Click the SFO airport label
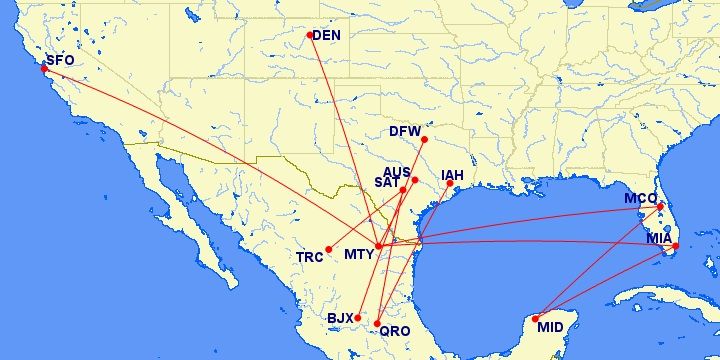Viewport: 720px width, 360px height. [x=60, y=60]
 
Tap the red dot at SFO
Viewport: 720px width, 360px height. [x=44, y=69]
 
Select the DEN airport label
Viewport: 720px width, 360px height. [x=327, y=36]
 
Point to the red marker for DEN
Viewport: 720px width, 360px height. [x=310, y=35]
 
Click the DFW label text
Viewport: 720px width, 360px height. [x=405, y=131]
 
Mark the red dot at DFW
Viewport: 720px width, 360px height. [x=424, y=139]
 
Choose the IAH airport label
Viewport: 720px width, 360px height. [x=453, y=172]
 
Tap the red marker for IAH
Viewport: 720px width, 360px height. [x=449, y=183]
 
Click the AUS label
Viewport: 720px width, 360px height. [x=397, y=173]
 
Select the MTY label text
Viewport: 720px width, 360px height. [x=359, y=254]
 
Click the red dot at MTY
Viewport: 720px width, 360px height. [x=379, y=246]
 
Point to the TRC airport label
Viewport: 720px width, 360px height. [x=310, y=257]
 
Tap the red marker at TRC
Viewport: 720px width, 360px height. [x=329, y=249]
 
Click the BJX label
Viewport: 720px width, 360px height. [x=340, y=319]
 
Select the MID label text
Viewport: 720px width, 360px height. [x=550, y=326]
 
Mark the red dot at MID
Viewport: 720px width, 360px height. [x=536, y=318]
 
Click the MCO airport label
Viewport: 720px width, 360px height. [x=640, y=198]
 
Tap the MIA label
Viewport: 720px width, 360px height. [x=659, y=238]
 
